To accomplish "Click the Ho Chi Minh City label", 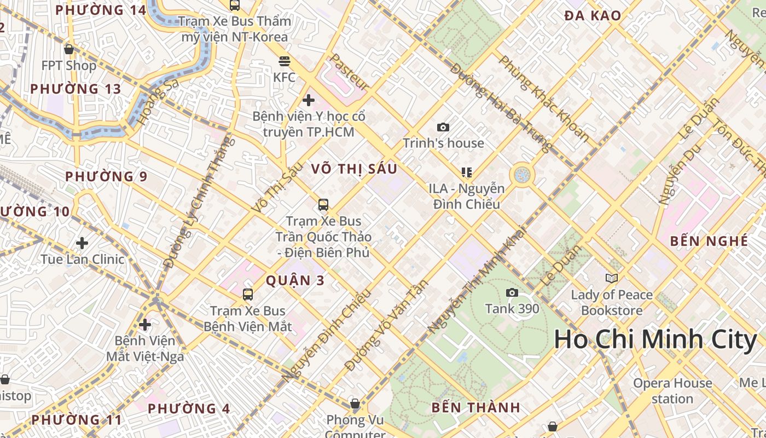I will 655,339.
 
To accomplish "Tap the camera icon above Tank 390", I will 512,293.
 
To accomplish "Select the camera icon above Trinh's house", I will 443,128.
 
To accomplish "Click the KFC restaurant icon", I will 284,61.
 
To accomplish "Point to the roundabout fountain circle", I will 522,175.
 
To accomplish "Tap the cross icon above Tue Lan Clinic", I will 82,243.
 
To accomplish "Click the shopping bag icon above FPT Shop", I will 69,50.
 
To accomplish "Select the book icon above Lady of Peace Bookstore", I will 612,279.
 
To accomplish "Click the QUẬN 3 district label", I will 295,281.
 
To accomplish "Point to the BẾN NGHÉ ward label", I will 709,241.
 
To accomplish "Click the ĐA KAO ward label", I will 593,16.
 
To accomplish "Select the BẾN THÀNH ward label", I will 475,407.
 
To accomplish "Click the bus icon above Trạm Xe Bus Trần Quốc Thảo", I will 323,205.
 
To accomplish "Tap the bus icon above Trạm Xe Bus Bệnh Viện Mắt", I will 248,295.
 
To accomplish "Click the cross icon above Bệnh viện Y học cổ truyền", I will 309,100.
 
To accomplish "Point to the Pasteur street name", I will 349,72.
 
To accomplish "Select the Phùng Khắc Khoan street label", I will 544,99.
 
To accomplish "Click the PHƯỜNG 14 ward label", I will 101,10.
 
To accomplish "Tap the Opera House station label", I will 672,391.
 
